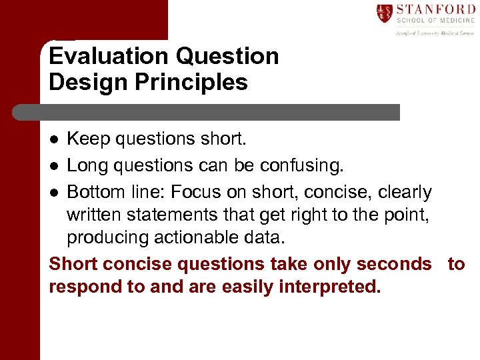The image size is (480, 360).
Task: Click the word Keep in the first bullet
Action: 89,139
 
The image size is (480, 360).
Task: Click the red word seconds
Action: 394,264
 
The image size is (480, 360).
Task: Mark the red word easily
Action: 235,287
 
